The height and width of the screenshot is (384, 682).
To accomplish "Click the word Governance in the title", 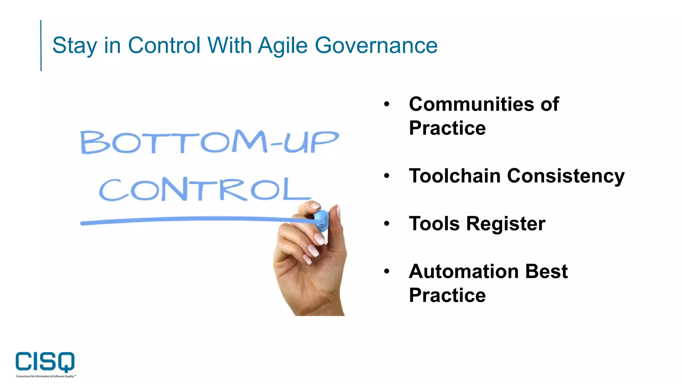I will click(x=376, y=45).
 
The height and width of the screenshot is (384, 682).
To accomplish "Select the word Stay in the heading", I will click(x=75, y=46).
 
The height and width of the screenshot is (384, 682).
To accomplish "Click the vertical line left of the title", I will click(x=41, y=45).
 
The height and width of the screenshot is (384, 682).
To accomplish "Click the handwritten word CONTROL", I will click(x=205, y=189).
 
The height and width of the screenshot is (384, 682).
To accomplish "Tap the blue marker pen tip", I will click(x=321, y=220).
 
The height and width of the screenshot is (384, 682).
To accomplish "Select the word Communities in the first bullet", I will click(x=472, y=104).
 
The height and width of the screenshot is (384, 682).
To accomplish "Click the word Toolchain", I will click(x=455, y=176).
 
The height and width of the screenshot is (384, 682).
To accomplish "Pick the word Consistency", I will click(x=566, y=176).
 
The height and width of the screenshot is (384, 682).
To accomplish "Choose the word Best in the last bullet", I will click(x=546, y=271).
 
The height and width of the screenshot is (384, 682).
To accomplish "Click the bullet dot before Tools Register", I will click(x=386, y=223).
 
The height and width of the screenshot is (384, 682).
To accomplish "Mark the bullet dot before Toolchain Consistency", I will click(x=386, y=175).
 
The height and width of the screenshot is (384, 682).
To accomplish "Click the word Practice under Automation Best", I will click(x=447, y=295).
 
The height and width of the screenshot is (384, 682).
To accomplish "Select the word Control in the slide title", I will click(x=164, y=45).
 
